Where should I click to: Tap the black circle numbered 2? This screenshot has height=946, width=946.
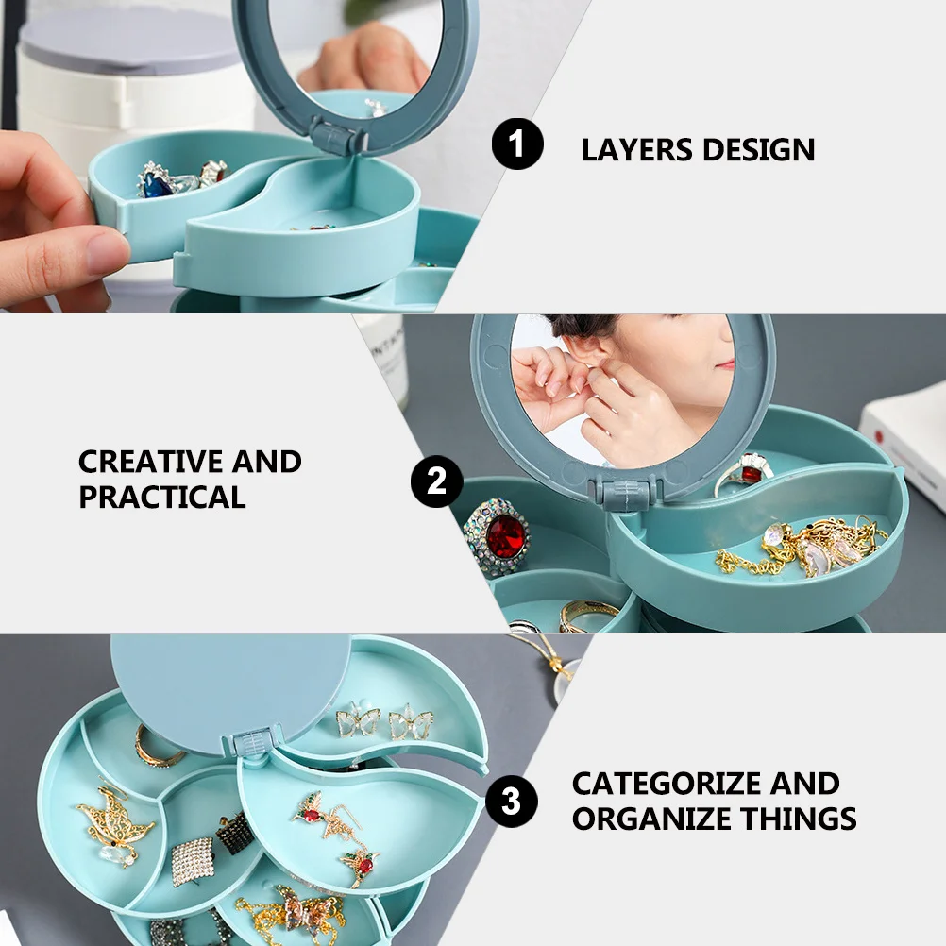(436, 482)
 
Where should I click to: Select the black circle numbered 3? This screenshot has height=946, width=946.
(511, 802)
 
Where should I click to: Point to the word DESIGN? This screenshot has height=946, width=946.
(760, 149)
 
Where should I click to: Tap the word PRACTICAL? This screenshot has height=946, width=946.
(161, 497)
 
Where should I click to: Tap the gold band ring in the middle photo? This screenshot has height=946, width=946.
(587, 616)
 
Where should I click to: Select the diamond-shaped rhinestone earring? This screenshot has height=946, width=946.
(194, 860)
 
